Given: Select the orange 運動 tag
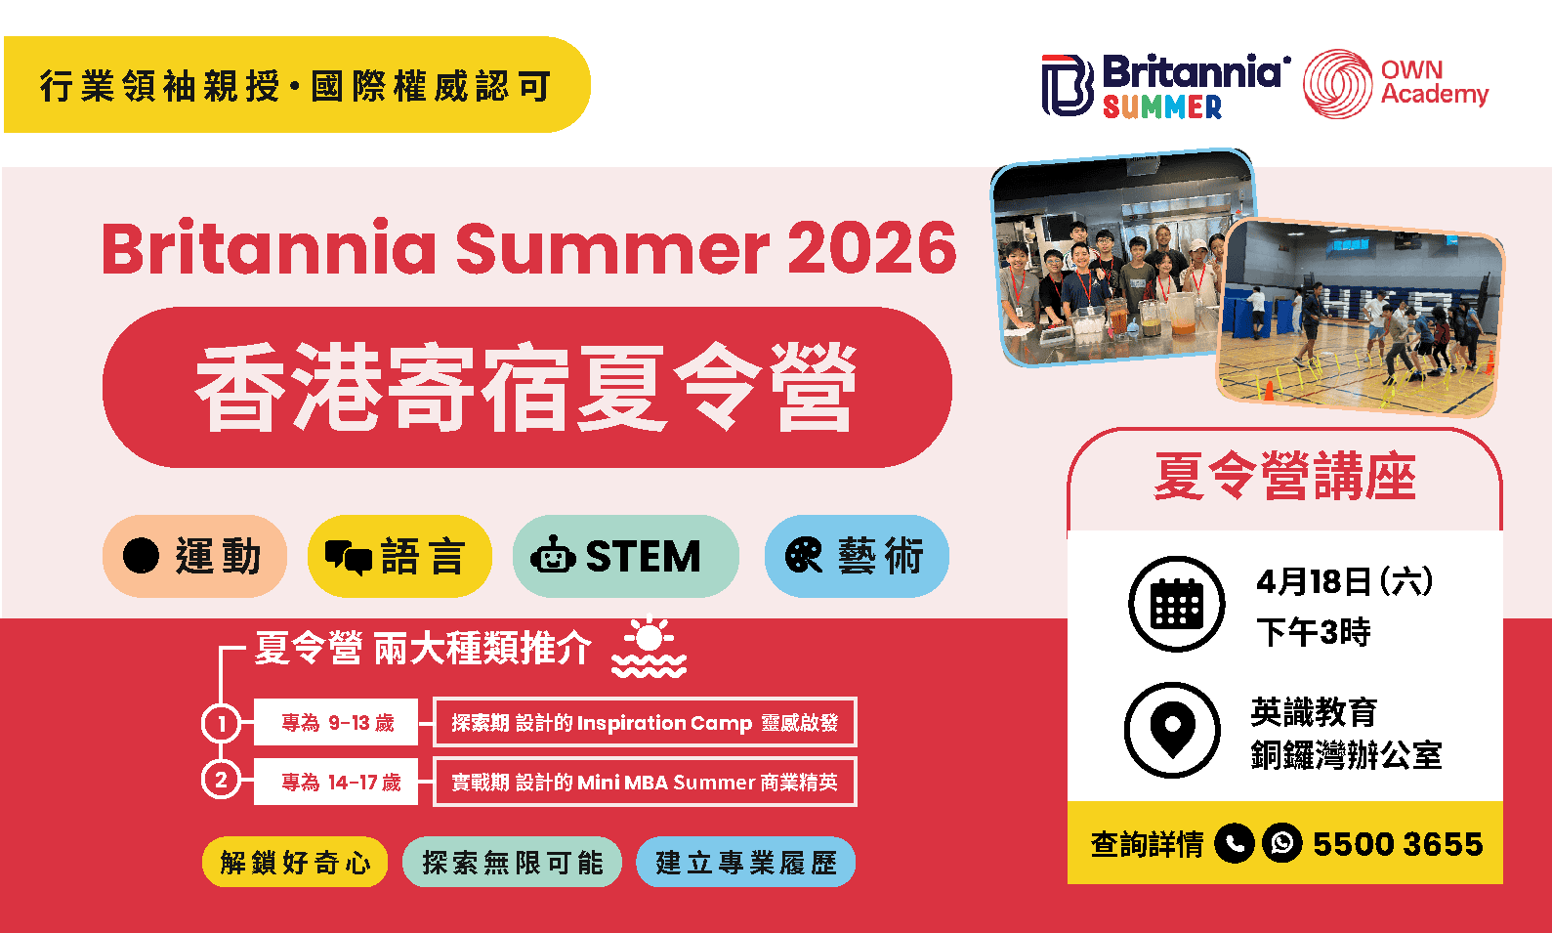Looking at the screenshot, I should point(194,556).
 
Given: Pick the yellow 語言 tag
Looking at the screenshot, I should point(398,556).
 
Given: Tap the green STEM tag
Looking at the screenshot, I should point(625,556).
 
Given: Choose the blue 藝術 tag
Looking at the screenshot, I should point(857,556).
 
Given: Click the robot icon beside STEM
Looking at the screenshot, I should point(553,555).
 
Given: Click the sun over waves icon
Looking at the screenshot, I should point(649,648).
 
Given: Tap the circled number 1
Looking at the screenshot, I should point(222,723).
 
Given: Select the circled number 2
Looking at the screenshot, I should point(222,781).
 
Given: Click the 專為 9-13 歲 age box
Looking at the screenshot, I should point(336,723).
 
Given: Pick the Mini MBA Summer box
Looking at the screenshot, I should point(645,782).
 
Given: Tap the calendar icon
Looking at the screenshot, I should point(1176,604).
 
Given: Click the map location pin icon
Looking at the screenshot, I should point(1172,729).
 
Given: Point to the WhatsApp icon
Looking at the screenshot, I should point(1281,842).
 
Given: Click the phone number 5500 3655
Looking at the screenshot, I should point(1397,843).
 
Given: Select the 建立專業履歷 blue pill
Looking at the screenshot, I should point(745,862).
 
